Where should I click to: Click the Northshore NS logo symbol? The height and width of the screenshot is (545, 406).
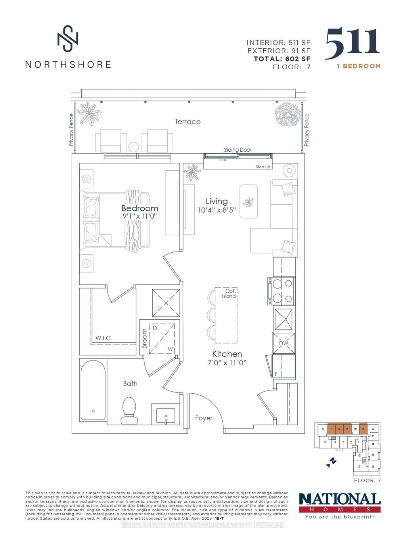[68, 38]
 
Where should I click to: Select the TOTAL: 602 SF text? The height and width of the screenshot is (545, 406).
[282, 59]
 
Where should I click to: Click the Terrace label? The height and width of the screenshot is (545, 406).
[188, 122]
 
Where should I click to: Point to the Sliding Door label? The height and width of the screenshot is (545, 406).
[237, 150]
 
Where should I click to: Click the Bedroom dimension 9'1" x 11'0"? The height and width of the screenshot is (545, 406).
[140, 217]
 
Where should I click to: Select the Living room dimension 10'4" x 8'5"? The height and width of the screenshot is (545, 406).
[216, 210]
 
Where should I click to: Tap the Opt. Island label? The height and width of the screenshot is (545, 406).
[229, 293]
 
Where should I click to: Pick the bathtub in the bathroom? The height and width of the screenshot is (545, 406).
[93, 390]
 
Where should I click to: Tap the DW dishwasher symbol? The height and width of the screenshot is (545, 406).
[284, 343]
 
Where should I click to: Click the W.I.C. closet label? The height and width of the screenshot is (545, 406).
[104, 338]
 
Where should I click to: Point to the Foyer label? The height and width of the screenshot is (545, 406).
[204, 418]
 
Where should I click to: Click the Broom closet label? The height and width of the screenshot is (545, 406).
[145, 339]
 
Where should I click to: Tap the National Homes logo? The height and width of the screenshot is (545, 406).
[339, 505]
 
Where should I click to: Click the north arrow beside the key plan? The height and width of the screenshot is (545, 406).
[331, 462]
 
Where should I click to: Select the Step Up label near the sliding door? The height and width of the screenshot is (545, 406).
[263, 167]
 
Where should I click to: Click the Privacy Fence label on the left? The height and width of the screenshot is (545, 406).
[71, 130]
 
